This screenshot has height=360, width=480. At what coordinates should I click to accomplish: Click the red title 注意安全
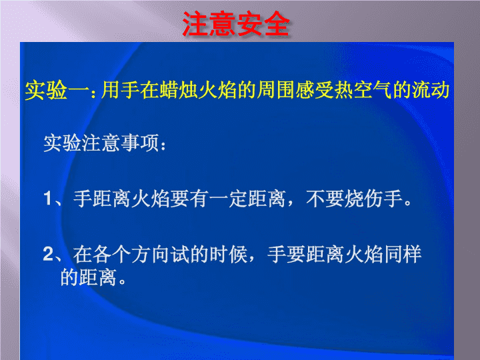(x=236, y=24)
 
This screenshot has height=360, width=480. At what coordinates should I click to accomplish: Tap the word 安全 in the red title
(x=263, y=24)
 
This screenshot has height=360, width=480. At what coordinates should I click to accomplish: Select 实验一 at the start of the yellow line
(x=57, y=91)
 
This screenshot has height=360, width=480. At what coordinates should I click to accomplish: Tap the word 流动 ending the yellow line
(x=431, y=90)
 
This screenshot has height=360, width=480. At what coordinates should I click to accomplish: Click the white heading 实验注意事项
(x=101, y=143)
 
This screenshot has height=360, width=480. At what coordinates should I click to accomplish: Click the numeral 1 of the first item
(x=48, y=198)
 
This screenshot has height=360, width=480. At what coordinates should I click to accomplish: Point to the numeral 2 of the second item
(x=49, y=254)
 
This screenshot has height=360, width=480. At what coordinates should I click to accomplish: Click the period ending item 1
(x=408, y=203)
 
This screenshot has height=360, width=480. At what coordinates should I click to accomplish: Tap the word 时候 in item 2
(x=229, y=255)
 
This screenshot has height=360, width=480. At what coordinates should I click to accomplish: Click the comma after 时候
(x=251, y=259)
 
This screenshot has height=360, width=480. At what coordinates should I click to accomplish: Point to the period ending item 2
(x=123, y=281)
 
